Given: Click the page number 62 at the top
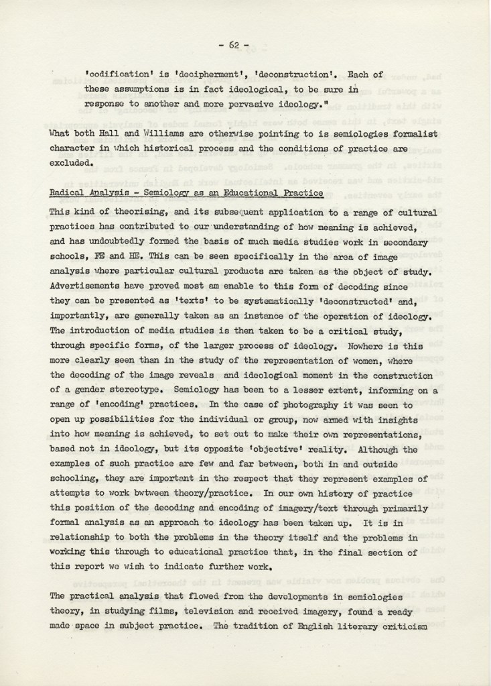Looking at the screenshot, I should (x=234, y=45).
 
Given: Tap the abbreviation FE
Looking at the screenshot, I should (x=112, y=257).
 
